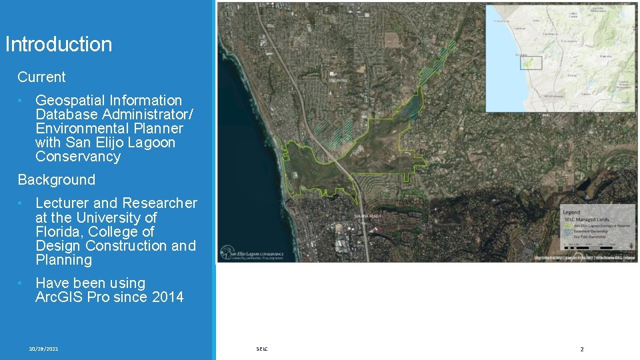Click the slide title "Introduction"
pyautogui.click(x=59, y=45)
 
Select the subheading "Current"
pyautogui.click(x=41, y=77)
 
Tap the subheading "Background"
pyautogui.click(x=56, y=180)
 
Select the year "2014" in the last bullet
pyautogui.click(x=168, y=297)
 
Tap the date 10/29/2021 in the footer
pyautogui.click(x=43, y=349)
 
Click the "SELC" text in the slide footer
pyautogui.click(x=261, y=349)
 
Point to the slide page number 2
pyautogui.click(x=581, y=349)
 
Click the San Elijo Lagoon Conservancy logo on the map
pyautogui.click(x=253, y=253)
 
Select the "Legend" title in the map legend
pyautogui.click(x=571, y=213)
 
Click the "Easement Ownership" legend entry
pyautogui.click(x=593, y=231)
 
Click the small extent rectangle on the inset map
pyautogui.click(x=531, y=63)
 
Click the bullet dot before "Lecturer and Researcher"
pyautogui.click(x=21, y=203)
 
